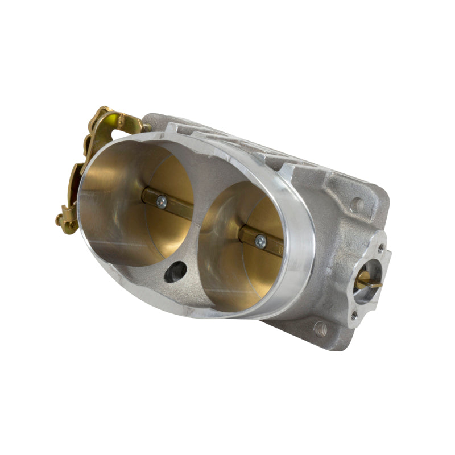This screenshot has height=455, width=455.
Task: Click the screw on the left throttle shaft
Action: (162, 201)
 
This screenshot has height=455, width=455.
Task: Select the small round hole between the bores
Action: (176, 272)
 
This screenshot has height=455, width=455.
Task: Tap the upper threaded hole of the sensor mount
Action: (379, 248)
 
